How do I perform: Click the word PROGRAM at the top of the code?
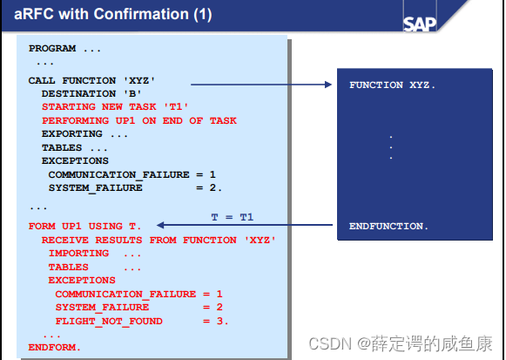[52, 49]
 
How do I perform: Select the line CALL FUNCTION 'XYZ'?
[84, 80]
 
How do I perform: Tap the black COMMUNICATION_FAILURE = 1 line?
[132, 174]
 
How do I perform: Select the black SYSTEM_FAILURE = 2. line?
[135, 187]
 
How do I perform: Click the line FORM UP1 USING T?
[84, 226]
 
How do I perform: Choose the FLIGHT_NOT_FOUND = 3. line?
[141, 321]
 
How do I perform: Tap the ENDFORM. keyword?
[54, 347]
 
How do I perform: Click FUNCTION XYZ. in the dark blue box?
[392, 85]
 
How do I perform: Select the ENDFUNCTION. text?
[388, 226]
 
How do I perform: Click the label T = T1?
[233, 215]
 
